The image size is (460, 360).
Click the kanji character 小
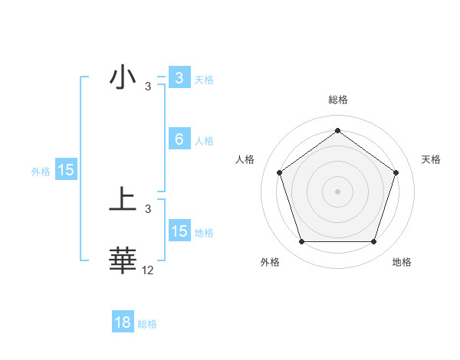point(123,77)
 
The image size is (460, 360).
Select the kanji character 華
point(123,260)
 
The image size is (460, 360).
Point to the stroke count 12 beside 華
point(148,270)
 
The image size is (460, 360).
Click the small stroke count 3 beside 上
point(148,209)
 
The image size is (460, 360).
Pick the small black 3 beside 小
point(148,87)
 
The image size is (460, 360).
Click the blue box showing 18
point(123,322)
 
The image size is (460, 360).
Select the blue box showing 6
point(179,139)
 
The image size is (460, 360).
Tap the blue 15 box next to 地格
point(179,231)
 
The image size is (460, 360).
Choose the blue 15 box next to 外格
point(66,170)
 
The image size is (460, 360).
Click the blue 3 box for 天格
point(179,77)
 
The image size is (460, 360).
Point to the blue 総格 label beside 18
point(147,324)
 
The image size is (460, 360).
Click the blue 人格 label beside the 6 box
point(204,141)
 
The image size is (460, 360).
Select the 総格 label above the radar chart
point(338,100)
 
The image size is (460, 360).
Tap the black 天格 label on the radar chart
point(432,159)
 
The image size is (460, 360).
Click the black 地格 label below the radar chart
point(402,263)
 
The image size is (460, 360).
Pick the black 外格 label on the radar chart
point(270,263)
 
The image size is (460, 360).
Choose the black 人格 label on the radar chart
point(245,159)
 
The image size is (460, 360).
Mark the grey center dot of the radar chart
point(338,191)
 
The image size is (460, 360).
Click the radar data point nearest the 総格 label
point(338,130)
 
